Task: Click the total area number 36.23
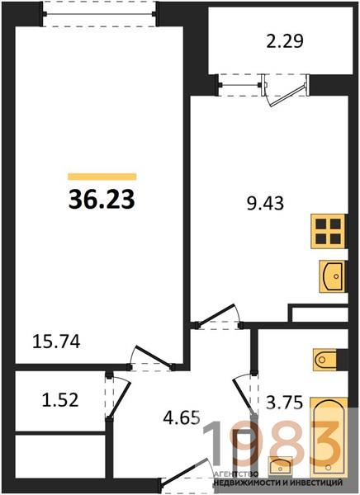102,200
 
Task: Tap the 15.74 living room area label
57,342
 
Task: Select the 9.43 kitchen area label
266,203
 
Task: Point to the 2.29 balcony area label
285,41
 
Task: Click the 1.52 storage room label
60,400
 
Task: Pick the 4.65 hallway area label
182,418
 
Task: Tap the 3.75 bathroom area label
285,403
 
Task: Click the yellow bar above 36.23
102,177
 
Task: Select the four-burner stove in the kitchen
329,231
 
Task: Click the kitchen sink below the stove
333,276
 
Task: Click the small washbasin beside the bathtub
280,466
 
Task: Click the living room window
100,14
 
